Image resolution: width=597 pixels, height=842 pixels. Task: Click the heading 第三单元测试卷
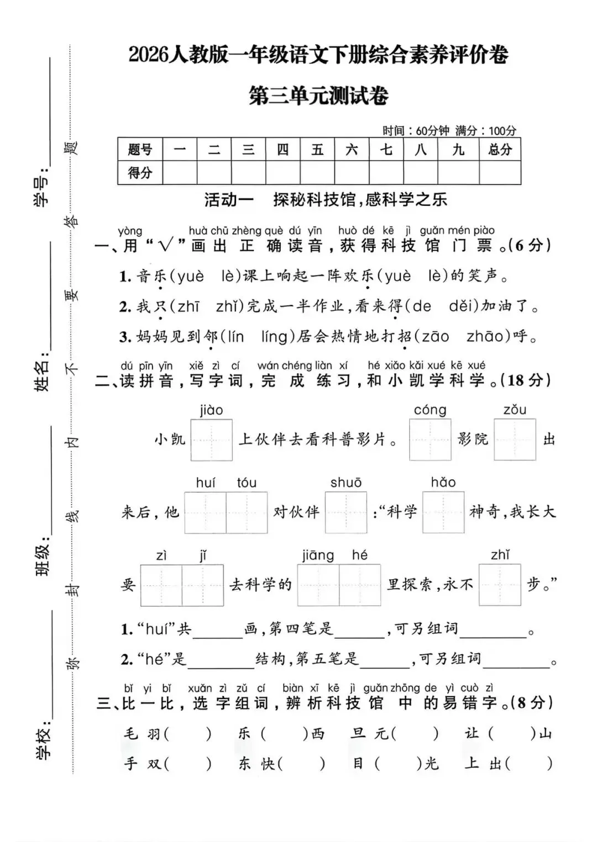point(318,96)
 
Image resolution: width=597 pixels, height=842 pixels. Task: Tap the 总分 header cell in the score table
point(500,149)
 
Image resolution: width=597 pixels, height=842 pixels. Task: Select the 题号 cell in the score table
point(140,149)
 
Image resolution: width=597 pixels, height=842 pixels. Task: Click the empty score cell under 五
point(317,173)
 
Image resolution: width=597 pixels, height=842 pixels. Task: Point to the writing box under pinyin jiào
point(211,440)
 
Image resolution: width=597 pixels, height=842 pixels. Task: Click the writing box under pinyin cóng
point(430,440)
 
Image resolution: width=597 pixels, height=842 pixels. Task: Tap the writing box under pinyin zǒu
point(515,440)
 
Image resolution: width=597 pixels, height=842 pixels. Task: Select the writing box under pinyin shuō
point(346,512)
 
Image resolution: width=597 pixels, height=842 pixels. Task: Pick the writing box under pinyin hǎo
point(443,512)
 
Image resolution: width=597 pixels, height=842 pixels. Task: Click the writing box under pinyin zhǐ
point(500,585)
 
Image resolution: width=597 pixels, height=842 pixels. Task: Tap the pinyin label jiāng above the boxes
point(318,555)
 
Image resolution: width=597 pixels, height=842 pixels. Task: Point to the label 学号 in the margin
point(42,190)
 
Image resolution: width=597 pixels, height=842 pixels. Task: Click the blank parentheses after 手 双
point(188,764)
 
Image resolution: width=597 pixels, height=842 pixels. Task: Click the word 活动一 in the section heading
point(229,200)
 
